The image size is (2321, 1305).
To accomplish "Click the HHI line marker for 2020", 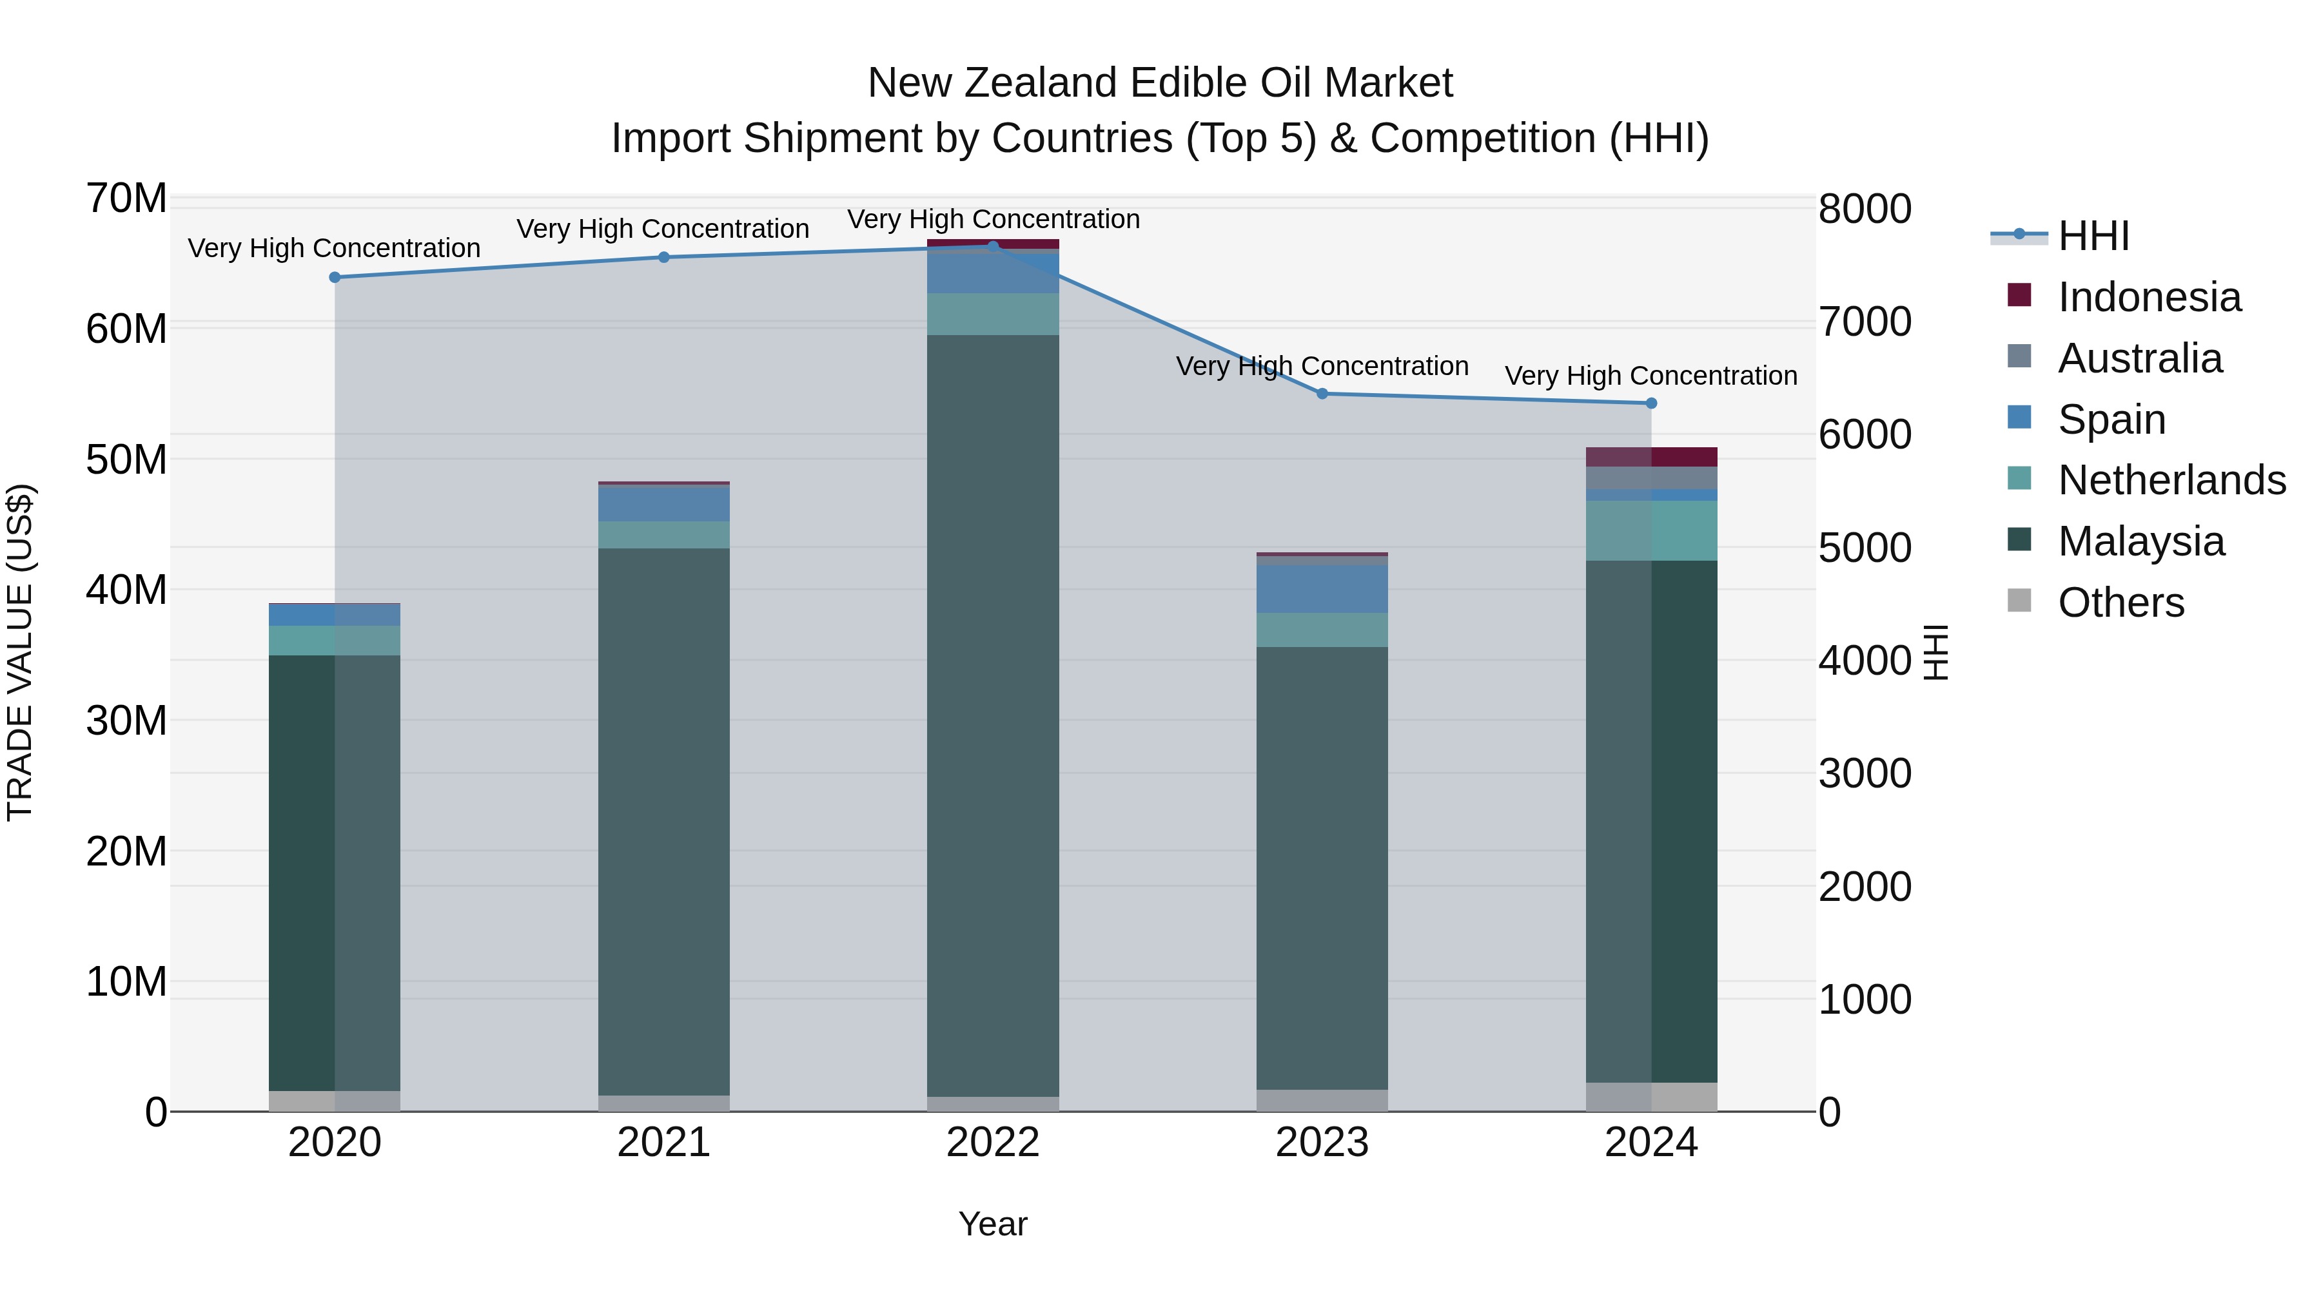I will click(x=335, y=277).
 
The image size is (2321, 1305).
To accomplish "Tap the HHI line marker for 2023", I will click(x=1322, y=394).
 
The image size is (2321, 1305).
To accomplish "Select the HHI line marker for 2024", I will click(x=1650, y=403).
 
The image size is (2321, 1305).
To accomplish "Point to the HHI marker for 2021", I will click(x=664, y=258).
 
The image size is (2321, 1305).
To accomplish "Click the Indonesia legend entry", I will click(x=2149, y=297).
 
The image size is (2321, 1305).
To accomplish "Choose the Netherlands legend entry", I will click(x=2171, y=480).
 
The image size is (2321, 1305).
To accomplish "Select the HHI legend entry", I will click(x=2093, y=236).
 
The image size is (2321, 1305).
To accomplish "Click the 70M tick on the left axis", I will click(x=126, y=198).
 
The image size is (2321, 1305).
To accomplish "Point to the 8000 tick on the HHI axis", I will click(x=1864, y=209).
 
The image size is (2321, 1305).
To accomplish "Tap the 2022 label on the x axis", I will click(x=993, y=1143).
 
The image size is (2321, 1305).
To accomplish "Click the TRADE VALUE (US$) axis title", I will click(x=20, y=653).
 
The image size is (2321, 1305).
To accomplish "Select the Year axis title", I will click(x=993, y=1224).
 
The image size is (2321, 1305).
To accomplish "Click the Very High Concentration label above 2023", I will click(x=1322, y=367).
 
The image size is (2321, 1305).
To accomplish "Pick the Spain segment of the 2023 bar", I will click(x=1322, y=589).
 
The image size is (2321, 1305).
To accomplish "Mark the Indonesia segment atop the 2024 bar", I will click(x=1650, y=457).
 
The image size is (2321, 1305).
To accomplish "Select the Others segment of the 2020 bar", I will click(x=335, y=1101).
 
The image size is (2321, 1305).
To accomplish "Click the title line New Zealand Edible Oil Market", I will click(x=1160, y=83).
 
